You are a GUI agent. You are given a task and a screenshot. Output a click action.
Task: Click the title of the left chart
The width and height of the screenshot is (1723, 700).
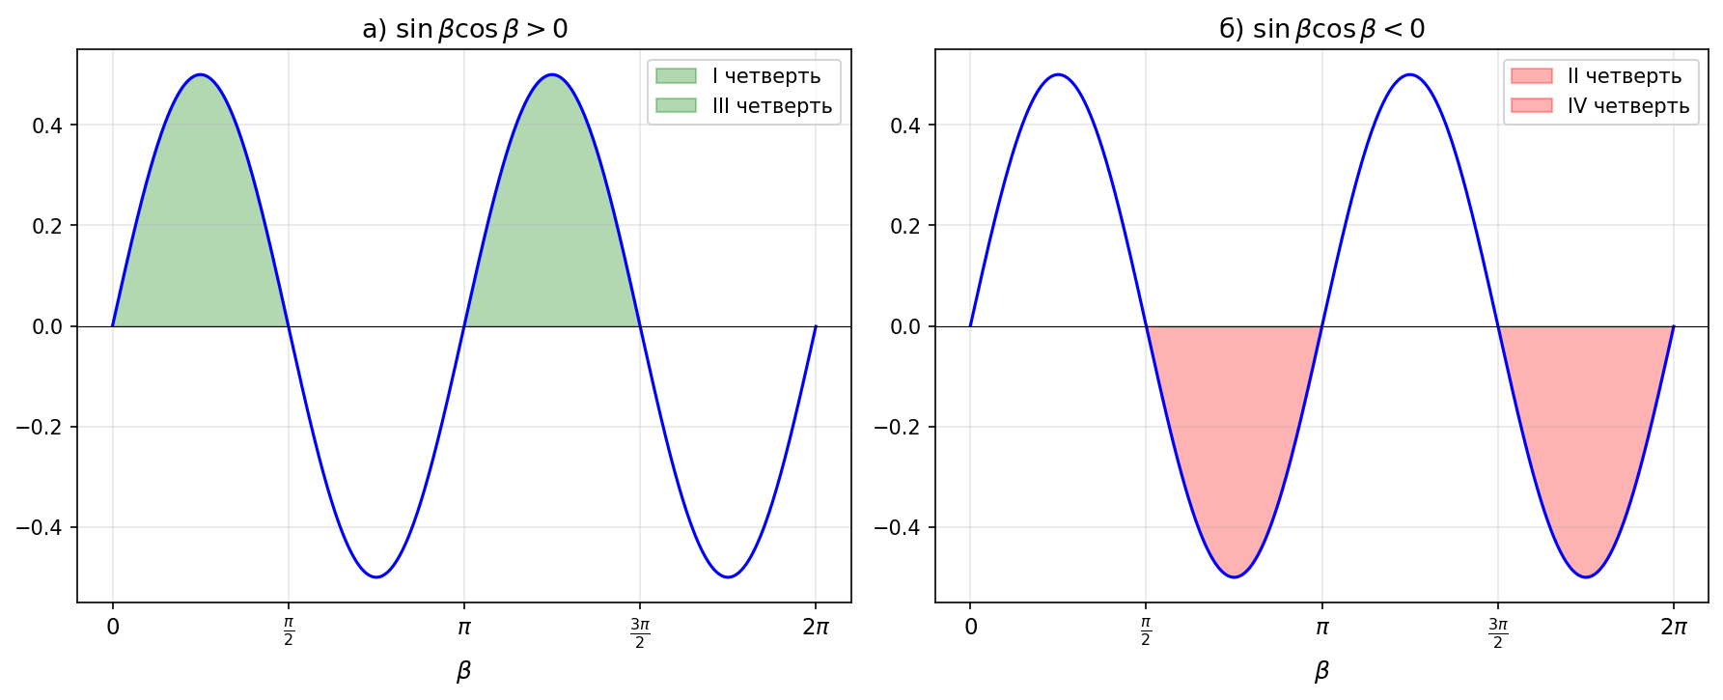(464, 29)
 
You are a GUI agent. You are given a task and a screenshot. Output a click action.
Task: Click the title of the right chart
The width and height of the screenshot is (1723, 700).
(1321, 29)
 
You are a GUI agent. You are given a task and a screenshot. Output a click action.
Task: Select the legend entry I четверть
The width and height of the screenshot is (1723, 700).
(765, 76)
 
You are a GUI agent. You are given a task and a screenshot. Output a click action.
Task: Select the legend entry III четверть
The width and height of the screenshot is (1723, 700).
(771, 106)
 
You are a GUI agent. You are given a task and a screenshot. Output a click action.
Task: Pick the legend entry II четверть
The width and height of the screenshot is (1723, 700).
(1624, 76)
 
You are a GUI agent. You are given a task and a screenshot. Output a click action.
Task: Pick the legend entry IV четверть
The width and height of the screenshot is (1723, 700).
(1627, 106)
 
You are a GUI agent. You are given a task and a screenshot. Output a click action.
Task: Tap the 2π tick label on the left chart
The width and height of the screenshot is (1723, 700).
(816, 628)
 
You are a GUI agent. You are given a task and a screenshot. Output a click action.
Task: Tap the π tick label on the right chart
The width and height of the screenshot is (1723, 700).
(1321, 628)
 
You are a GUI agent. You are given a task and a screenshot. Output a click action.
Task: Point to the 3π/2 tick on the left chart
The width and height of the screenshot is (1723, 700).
(640, 633)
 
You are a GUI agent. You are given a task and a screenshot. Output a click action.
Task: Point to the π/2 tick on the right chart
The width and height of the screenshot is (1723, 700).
(1146, 633)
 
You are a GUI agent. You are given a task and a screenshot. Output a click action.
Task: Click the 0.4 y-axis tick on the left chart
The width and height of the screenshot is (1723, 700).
(47, 126)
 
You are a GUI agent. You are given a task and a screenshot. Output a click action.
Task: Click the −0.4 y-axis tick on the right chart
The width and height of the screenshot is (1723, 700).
(899, 527)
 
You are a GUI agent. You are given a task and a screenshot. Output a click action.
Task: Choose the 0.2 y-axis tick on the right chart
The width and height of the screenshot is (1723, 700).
(905, 226)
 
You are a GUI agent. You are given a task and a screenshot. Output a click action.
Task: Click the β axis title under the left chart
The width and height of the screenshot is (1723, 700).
(464, 671)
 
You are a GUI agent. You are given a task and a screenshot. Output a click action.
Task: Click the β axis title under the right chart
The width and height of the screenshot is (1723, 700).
(1321, 671)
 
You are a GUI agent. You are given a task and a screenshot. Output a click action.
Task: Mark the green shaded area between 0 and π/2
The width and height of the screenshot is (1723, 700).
(201, 222)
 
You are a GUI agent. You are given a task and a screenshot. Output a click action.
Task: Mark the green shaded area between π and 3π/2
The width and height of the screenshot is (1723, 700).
(552, 222)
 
